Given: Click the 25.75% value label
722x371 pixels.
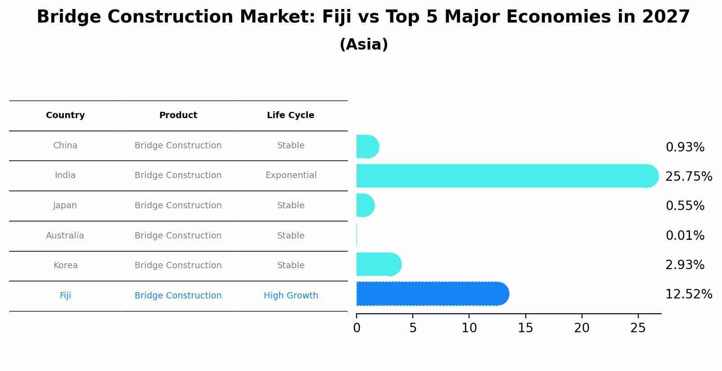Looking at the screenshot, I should (x=689, y=177).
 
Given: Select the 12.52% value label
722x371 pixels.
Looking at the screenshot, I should (x=689, y=294).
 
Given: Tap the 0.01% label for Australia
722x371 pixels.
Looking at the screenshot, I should (x=685, y=236).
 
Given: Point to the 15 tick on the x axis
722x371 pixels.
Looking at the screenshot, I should (x=525, y=328).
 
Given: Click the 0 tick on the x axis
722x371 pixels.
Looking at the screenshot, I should (x=356, y=328).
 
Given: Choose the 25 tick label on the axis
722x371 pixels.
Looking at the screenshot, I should (x=638, y=328).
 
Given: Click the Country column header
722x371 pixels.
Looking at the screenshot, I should (x=65, y=115).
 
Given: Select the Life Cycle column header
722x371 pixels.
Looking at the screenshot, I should (x=290, y=115).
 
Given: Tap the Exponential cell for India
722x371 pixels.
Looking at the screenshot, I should (x=291, y=175).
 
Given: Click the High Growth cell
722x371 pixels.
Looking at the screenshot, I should (x=291, y=296).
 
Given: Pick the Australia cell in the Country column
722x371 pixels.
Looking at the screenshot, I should (x=65, y=236).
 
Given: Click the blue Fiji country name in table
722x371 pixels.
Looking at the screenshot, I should (x=65, y=296).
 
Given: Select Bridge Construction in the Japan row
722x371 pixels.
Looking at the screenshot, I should (x=178, y=206).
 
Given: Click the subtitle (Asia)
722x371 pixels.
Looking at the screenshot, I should (x=364, y=45).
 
